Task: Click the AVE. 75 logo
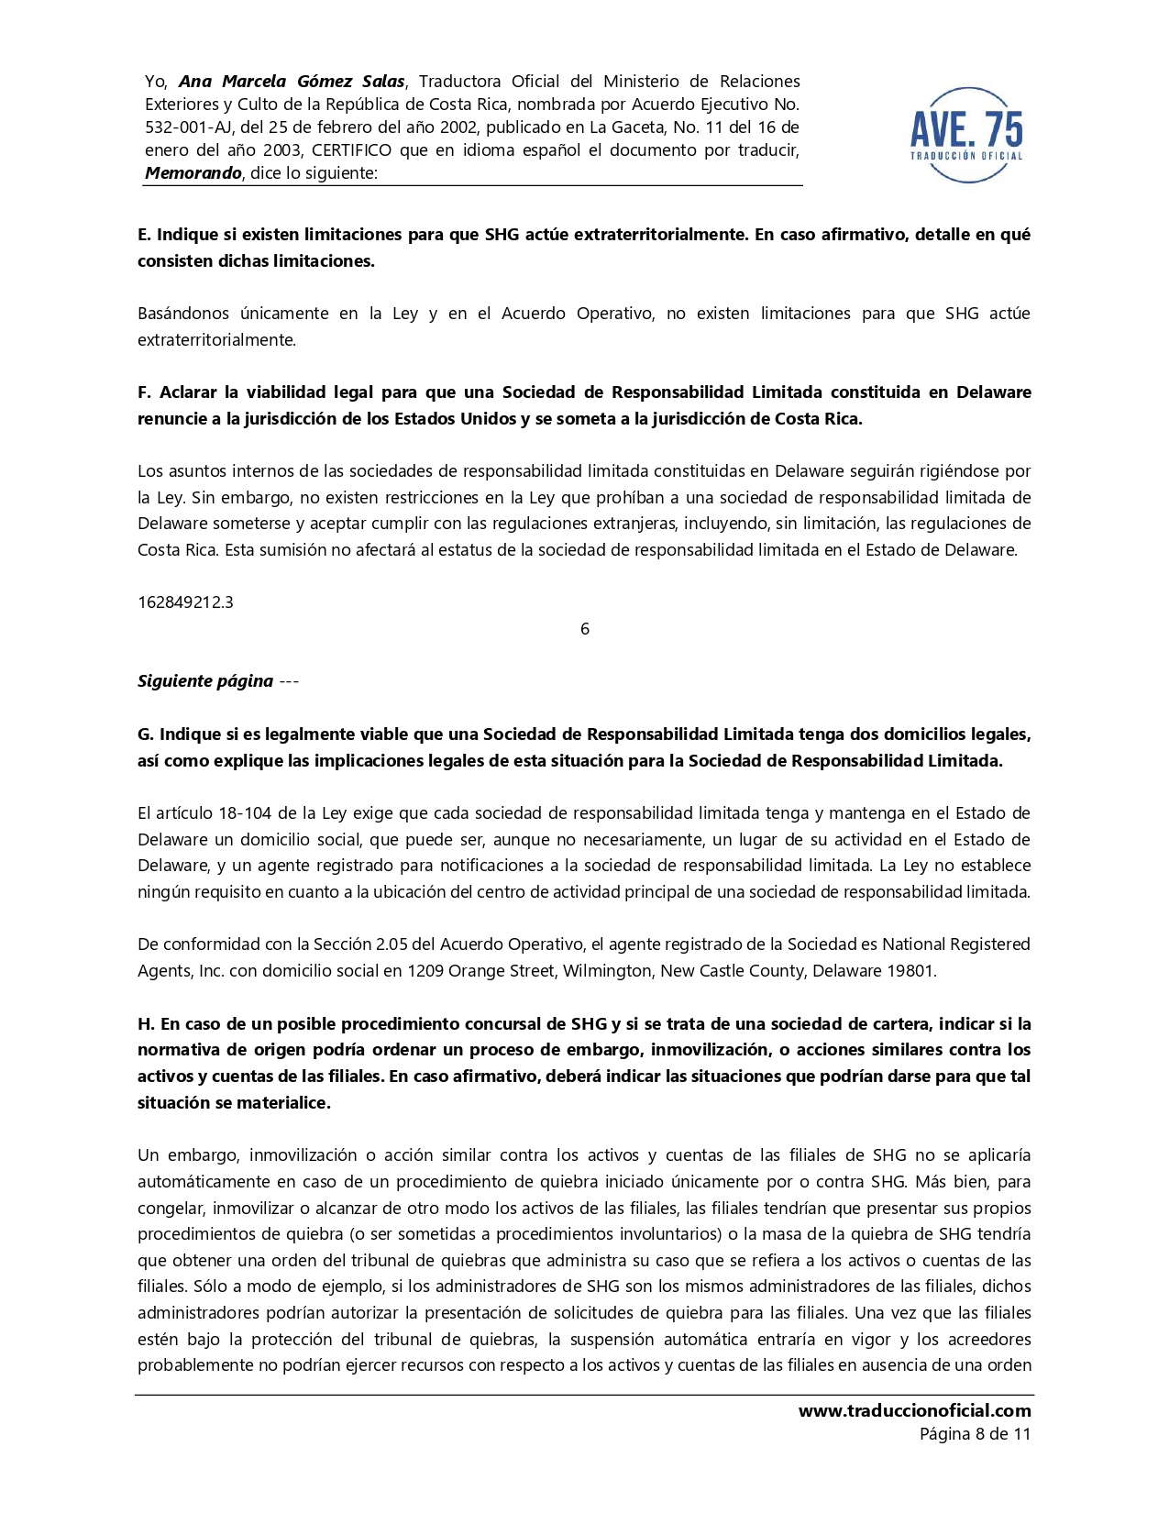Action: tap(966, 134)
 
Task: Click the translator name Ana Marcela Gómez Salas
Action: tap(292, 82)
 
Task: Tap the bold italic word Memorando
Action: tap(193, 173)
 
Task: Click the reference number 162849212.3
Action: tap(185, 602)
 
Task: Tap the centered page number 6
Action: tap(585, 629)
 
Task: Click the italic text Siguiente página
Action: tap(205, 681)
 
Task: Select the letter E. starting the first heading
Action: tap(144, 235)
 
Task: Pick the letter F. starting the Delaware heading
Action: tap(144, 392)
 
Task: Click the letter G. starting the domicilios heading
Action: tap(145, 734)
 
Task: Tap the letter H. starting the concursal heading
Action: tap(145, 1024)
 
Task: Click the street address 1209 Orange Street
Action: tap(481, 971)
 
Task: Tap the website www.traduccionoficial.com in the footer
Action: tap(914, 1411)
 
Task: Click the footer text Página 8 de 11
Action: tap(975, 1434)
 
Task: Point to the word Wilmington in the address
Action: tap(606, 971)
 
